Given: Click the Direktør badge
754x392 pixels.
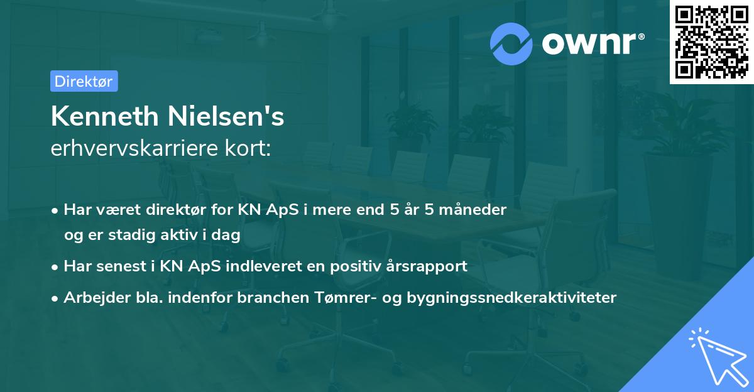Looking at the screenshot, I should tap(84, 81).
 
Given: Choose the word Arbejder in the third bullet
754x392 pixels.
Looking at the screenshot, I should tap(92, 297).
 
